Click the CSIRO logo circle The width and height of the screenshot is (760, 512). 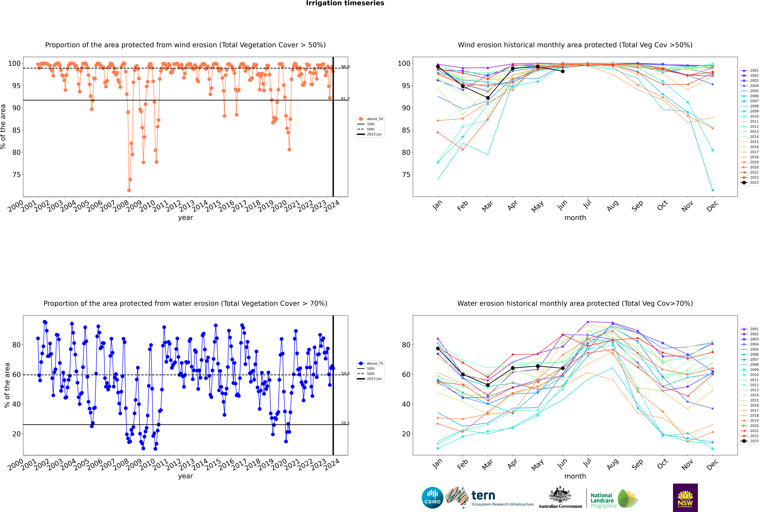(x=432, y=498)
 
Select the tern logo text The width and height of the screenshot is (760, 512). (x=483, y=496)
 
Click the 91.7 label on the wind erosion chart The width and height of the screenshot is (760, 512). (x=345, y=99)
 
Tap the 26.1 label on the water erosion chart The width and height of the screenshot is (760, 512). (x=345, y=423)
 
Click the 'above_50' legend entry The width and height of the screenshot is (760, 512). (x=374, y=119)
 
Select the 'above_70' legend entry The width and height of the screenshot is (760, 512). (x=374, y=363)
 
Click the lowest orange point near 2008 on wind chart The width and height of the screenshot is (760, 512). (x=129, y=190)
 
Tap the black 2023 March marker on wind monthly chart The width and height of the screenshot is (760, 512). (x=488, y=98)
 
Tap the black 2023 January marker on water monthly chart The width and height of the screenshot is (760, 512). (x=438, y=348)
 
